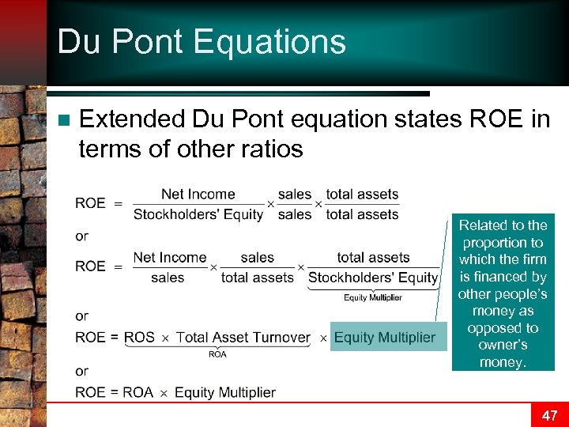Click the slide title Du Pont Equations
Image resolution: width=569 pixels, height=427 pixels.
202,41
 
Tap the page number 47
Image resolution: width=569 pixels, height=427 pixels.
549,415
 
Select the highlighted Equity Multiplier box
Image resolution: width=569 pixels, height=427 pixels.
384,338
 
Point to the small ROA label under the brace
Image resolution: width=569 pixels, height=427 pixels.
217,354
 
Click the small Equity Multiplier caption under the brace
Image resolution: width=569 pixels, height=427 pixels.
372,297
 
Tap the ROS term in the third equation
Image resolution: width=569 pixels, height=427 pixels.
139,338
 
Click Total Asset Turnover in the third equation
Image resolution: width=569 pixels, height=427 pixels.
243,338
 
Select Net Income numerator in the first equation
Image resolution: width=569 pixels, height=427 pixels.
198,194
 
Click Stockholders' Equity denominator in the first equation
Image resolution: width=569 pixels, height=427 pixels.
198,214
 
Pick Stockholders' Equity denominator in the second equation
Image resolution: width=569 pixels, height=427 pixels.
372,278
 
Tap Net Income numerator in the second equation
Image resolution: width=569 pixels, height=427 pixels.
169,258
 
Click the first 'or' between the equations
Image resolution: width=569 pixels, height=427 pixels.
82,236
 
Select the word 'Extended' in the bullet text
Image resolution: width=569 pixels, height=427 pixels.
132,119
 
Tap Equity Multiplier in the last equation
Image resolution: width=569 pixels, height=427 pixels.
224,392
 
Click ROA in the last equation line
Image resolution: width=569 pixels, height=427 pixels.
138,392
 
